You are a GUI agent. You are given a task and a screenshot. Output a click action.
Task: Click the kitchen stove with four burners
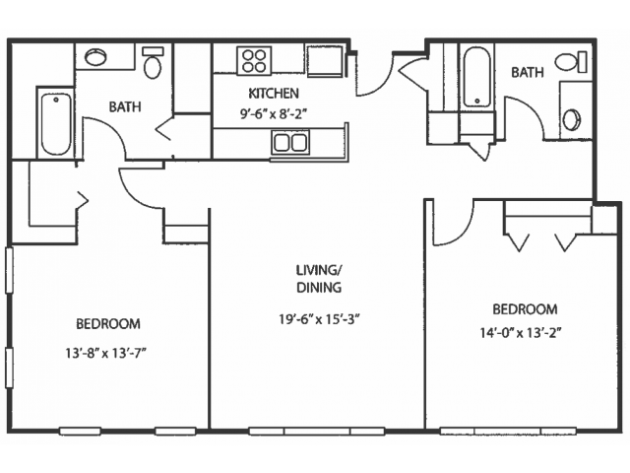(254, 61)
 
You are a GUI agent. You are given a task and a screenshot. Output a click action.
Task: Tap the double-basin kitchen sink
(290, 142)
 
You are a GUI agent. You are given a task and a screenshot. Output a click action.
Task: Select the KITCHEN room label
(274, 94)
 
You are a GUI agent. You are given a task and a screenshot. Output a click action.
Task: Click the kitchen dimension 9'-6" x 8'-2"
(274, 114)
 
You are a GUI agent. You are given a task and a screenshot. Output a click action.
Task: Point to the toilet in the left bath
(153, 63)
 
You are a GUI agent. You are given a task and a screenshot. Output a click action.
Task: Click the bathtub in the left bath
(56, 124)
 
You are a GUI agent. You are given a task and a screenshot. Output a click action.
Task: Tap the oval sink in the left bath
(95, 57)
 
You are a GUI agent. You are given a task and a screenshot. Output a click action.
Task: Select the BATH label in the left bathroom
(125, 107)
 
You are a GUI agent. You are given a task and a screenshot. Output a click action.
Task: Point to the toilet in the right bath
(571, 62)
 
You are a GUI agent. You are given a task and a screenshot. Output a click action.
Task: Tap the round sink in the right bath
(571, 120)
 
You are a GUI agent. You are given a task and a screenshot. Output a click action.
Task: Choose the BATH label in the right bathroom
(528, 72)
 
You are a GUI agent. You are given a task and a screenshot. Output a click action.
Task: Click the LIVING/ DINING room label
(319, 278)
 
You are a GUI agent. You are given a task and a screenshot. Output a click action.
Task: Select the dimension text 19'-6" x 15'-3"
(319, 319)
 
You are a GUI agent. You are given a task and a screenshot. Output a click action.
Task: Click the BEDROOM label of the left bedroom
(108, 324)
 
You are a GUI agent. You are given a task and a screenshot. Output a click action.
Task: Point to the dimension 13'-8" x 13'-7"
(105, 354)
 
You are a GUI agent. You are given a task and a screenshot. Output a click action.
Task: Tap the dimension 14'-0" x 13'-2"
(521, 333)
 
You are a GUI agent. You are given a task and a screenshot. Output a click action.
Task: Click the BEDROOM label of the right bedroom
(525, 309)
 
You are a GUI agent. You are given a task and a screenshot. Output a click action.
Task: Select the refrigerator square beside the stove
(325, 61)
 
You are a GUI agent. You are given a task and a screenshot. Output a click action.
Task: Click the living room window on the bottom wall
(317, 432)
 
